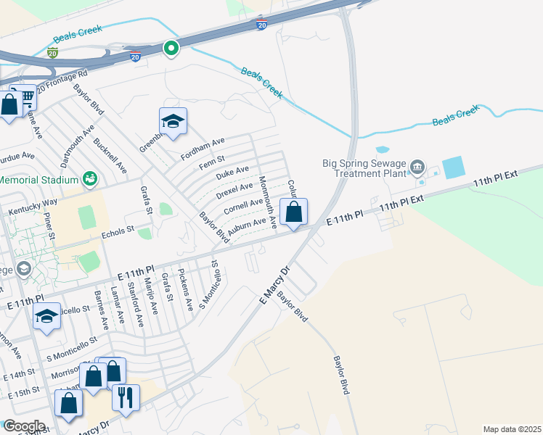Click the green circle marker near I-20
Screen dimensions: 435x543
click(x=171, y=49)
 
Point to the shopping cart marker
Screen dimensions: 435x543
click(x=26, y=96)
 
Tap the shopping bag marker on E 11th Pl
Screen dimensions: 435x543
click(x=294, y=212)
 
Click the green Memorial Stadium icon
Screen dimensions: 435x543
click(x=90, y=178)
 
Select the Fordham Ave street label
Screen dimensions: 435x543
click(x=205, y=146)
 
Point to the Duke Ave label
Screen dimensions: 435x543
click(x=232, y=173)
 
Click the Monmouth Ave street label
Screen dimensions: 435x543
click(x=268, y=202)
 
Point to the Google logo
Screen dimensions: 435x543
click(x=24, y=426)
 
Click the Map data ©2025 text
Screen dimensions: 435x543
click(x=511, y=429)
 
